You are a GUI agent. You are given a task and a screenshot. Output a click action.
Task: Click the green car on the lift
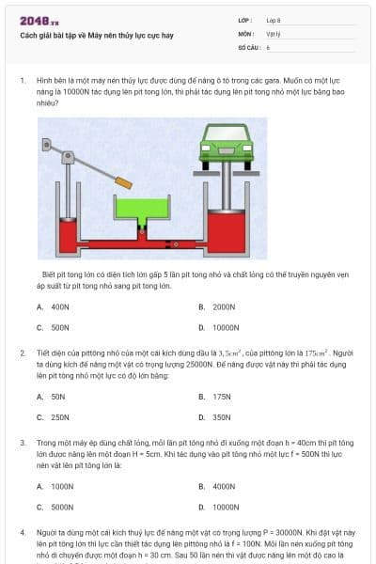point(225,149)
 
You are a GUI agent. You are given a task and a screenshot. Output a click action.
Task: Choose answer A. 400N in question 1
point(54,306)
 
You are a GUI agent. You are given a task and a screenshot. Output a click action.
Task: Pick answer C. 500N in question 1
point(54,327)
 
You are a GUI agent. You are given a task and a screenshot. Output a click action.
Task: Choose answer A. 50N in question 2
point(52,397)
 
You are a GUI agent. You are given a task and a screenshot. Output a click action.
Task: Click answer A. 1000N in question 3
point(55,486)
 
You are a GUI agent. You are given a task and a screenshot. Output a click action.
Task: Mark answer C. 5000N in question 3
point(55,507)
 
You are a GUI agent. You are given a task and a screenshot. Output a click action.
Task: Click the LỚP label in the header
point(245,19)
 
